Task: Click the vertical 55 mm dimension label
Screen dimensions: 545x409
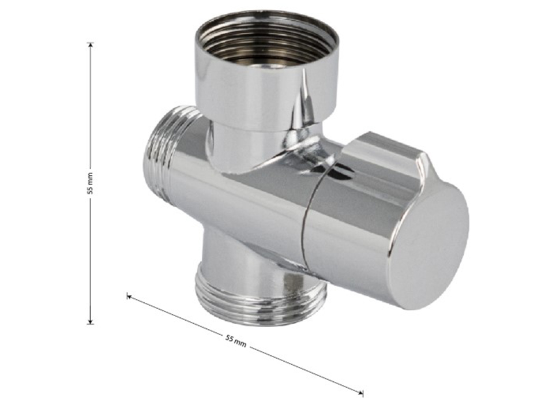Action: click(x=91, y=183)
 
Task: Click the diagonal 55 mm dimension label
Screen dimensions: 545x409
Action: click(x=236, y=341)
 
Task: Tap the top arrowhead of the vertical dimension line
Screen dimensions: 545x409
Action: click(x=91, y=45)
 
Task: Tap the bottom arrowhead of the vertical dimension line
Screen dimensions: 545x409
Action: click(x=91, y=321)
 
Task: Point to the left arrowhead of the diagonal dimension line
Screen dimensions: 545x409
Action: click(x=129, y=296)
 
